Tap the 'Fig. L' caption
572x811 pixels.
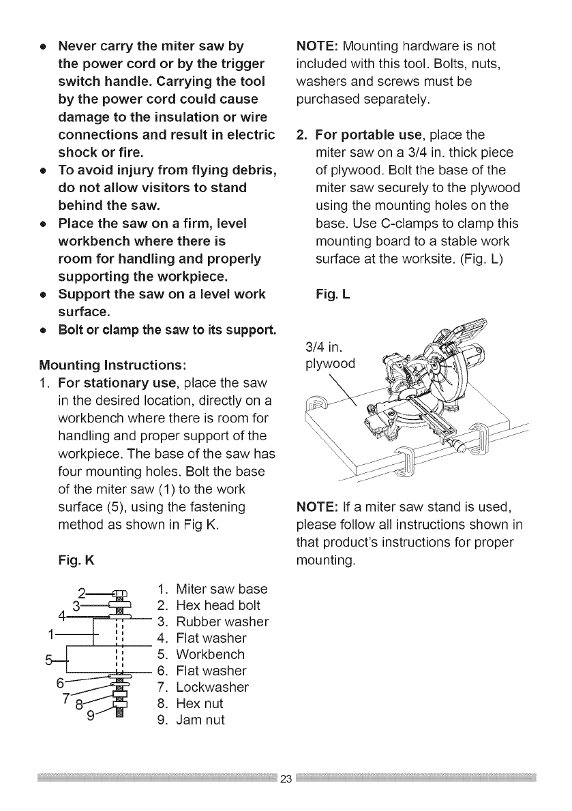(x=333, y=295)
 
